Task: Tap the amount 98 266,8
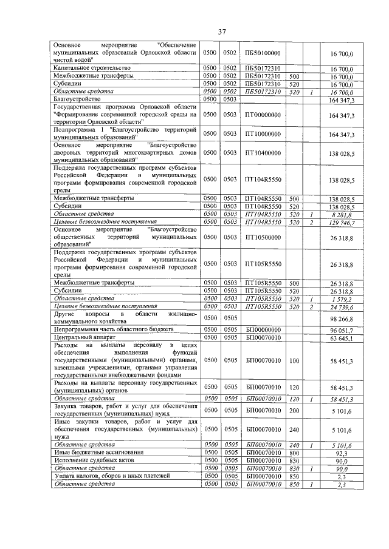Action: pyautogui.click(x=342, y=318)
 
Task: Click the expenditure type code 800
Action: pyautogui.click(x=294, y=453)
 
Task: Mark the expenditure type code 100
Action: pyautogui.click(x=294, y=360)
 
